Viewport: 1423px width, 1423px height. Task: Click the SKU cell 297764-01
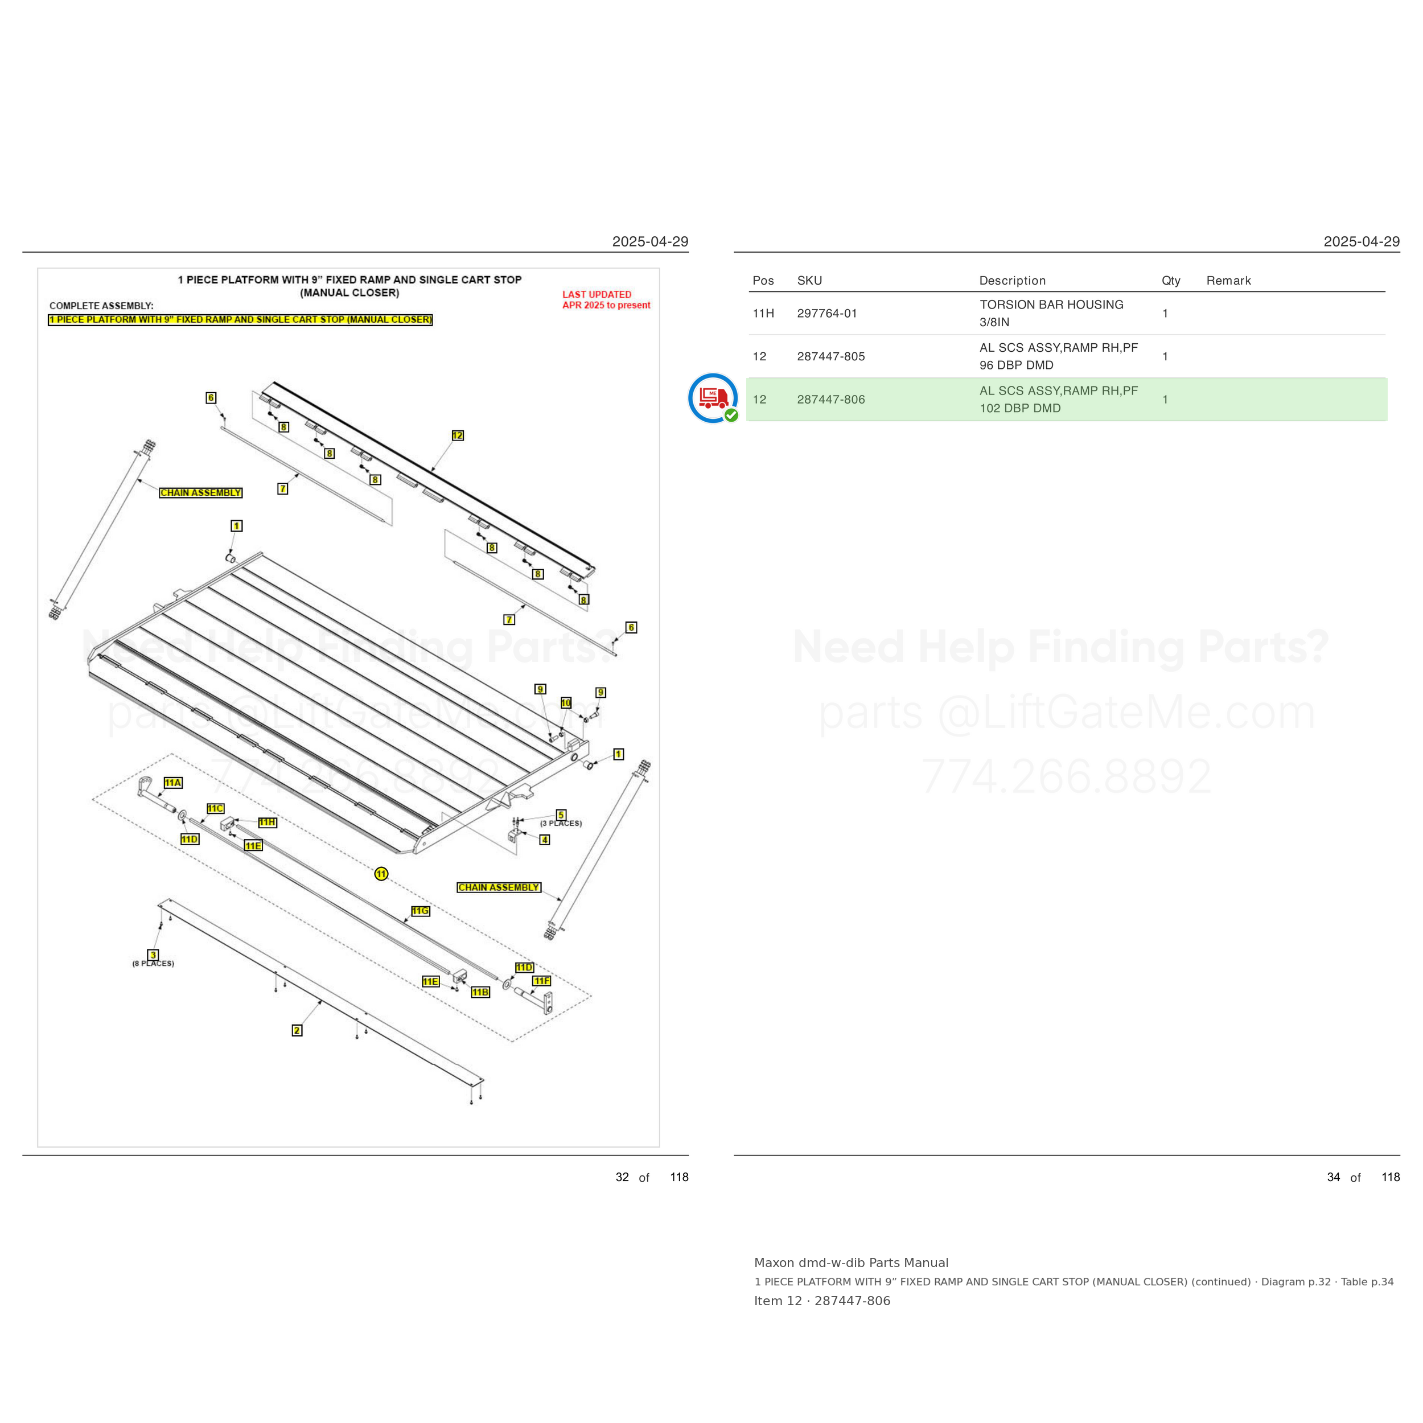tap(826, 313)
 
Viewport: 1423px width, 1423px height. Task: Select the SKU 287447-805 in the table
tap(831, 356)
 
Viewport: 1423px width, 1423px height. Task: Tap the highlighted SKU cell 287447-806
tap(831, 399)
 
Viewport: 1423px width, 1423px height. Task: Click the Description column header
tap(1012, 281)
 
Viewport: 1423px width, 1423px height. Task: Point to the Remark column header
tap(1228, 281)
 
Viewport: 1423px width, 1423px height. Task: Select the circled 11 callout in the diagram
tap(381, 874)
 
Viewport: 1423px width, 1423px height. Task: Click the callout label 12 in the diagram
tap(458, 435)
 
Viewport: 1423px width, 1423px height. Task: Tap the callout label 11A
tap(173, 783)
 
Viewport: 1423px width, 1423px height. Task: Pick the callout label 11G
tap(420, 911)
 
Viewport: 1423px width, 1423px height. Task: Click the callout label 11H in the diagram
tap(268, 822)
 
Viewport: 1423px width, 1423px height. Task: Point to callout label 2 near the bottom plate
tap(297, 1030)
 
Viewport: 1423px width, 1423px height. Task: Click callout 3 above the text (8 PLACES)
tap(153, 955)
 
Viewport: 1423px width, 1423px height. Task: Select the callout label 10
tap(566, 702)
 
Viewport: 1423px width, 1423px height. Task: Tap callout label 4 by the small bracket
tap(544, 840)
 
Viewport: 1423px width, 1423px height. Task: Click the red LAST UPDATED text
tap(597, 295)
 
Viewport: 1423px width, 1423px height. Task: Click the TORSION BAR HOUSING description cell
tap(1051, 313)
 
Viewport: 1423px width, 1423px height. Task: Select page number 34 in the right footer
tap(1333, 1177)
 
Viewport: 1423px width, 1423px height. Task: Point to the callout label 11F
tap(542, 981)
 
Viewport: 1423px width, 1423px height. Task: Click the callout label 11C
tap(215, 808)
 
